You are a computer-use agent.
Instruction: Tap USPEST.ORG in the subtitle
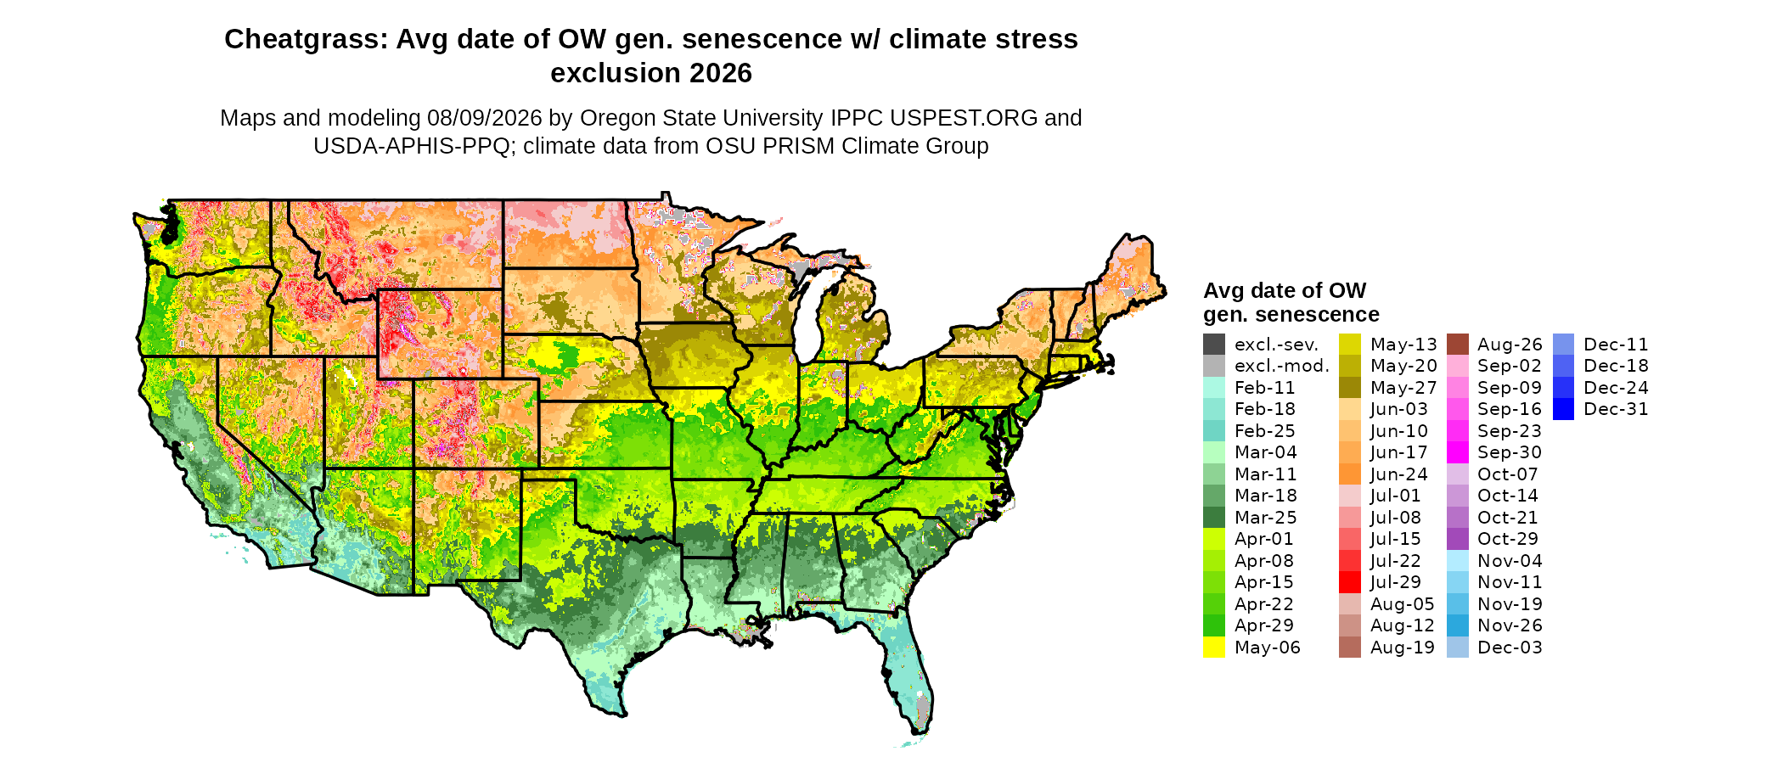click(x=965, y=118)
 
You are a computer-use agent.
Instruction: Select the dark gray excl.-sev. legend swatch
click(x=1214, y=345)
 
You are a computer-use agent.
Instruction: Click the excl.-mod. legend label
click(x=1282, y=367)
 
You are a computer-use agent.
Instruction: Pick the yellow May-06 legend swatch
click(x=1214, y=648)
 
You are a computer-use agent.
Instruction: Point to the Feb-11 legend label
click(x=1265, y=388)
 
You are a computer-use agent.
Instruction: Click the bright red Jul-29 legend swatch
click(x=1350, y=582)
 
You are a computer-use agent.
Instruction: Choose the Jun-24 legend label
click(x=1399, y=474)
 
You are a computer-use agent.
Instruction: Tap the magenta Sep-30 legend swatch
click(x=1458, y=452)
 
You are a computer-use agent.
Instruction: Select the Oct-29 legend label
click(x=1508, y=539)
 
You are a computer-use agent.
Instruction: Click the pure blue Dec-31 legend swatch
click(x=1564, y=409)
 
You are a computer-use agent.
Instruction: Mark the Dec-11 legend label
click(x=1616, y=345)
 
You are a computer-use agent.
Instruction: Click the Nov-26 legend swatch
click(x=1458, y=625)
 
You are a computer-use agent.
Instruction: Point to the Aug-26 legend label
click(x=1510, y=345)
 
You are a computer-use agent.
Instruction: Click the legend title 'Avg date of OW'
click(x=1285, y=290)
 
